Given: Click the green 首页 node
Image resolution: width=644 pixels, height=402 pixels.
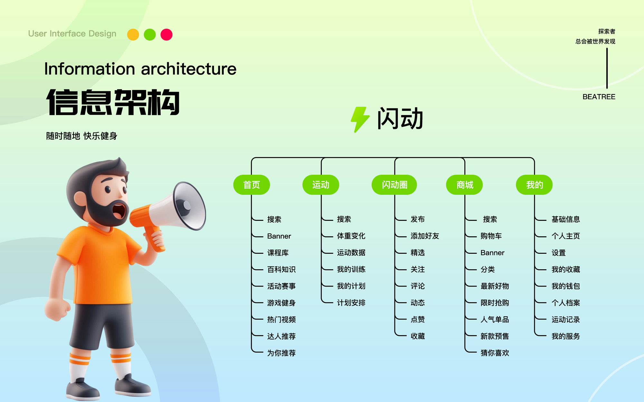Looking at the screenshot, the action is coord(251,185).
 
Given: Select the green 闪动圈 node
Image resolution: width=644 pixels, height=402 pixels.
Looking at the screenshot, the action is coord(394,185).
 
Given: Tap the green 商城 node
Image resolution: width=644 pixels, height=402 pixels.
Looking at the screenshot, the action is coord(464,185).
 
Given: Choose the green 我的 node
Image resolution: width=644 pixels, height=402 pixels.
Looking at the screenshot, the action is coord(534,185).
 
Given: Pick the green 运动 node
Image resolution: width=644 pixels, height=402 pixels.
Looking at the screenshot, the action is coord(321,185).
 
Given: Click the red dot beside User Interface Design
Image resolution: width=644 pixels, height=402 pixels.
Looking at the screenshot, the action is coord(166,34).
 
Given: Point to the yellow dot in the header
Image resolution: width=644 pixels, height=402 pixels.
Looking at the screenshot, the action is coord(133,34).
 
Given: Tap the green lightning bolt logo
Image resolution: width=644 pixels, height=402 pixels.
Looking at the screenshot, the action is coord(360,119).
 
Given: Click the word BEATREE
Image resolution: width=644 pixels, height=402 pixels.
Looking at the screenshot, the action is coord(599,97).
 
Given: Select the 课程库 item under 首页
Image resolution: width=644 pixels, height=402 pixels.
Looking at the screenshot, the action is coord(278,253).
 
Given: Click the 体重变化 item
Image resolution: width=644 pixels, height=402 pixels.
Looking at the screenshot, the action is coord(351,236).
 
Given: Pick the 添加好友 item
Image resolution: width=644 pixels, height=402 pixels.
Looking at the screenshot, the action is coord(425,236).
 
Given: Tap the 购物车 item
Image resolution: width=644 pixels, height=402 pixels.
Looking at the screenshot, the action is coord(491,236).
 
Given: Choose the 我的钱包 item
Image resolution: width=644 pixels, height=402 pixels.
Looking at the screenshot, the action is coord(566,286).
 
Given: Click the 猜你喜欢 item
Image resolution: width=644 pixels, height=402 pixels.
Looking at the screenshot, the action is coord(495,353).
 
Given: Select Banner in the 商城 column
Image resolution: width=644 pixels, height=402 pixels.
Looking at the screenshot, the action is coord(492,253).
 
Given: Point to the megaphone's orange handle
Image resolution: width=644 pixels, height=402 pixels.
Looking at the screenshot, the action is coord(155,239).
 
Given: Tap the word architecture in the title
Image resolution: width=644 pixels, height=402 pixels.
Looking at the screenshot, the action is coord(189,69).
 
